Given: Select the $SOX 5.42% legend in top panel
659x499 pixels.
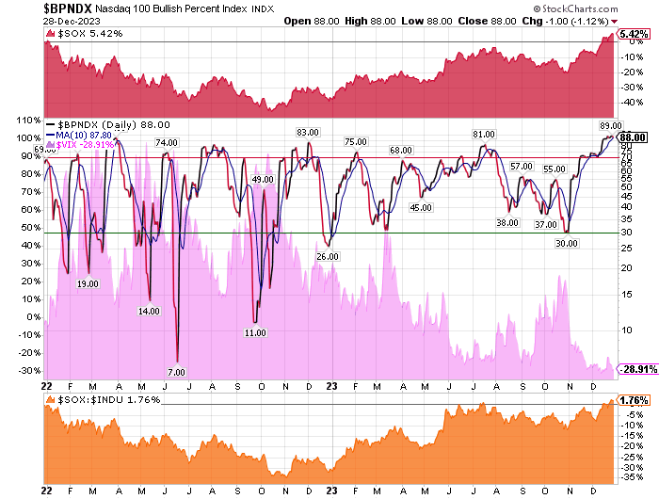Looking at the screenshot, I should point(78,35).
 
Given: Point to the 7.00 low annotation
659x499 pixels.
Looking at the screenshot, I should point(176,372).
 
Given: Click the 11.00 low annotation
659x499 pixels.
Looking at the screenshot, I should point(255,332).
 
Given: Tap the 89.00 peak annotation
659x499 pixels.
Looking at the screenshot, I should point(610,125).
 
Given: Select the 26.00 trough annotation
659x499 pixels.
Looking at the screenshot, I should point(327,256).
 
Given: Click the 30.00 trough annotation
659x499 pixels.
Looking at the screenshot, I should point(567,244).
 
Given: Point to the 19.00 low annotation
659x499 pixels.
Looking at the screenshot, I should point(88,283).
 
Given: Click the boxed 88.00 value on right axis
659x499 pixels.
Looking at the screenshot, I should point(632,137).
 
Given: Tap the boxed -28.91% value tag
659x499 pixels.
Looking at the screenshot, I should point(633,373).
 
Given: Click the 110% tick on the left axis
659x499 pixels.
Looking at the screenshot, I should point(21,121).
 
